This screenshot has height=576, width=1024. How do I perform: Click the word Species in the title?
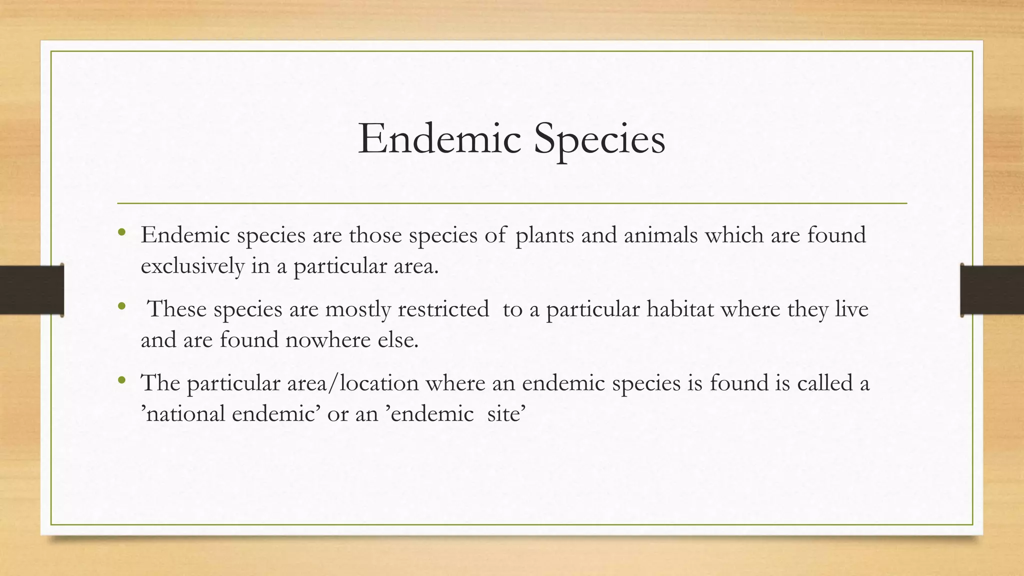coord(599,139)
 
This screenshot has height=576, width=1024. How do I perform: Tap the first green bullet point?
coord(121,232)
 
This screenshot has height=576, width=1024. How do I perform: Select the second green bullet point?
coord(121,306)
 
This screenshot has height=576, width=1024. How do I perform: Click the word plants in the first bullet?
coord(544,235)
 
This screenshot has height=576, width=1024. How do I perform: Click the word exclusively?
coord(192,265)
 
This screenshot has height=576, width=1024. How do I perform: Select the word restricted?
coord(443,309)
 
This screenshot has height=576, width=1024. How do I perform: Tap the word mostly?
coord(358,309)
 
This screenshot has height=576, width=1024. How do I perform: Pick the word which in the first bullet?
coord(734,235)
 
